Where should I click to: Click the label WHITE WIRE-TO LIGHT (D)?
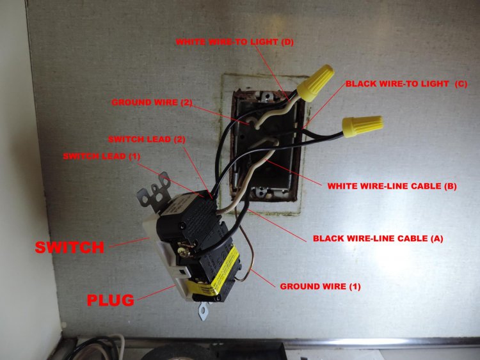click(x=235, y=42)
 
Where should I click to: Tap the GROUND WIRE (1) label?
click(x=320, y=286)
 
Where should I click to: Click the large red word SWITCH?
click(x=70, y=246)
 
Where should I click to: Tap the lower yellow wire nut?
click(x=362, y=127)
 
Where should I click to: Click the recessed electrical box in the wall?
click(x=262, y=137)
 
